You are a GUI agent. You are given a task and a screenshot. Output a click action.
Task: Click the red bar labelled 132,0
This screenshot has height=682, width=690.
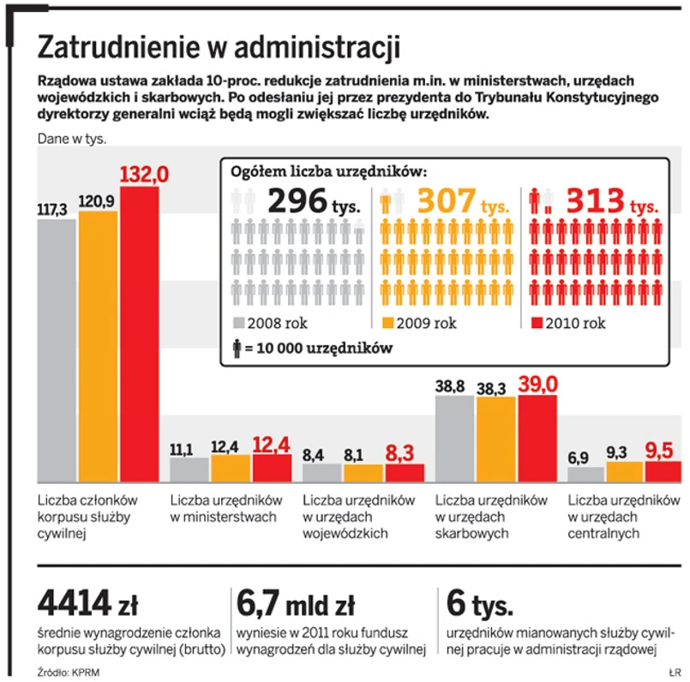(x=139, y=334)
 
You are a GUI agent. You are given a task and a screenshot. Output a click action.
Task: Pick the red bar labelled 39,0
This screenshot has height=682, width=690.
(x=537, y=438)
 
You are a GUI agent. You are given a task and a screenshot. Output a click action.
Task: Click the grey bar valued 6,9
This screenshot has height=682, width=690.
(x=585, y=474)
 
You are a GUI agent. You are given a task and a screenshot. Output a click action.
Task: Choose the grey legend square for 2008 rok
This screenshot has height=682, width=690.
(x=239, y=323)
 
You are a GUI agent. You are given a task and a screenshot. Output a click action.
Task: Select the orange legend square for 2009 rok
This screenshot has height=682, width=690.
(x=387, y=323)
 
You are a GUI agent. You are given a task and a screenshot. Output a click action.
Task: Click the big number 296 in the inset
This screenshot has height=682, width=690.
(x=297, y=201)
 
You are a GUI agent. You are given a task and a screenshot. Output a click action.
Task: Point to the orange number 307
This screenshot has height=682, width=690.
(x=446, y=201)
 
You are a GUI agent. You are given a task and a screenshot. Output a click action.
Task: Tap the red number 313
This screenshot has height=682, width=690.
(x=594, y=201)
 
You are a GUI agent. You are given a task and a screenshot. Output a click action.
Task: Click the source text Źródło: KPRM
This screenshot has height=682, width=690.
(x=69, y=672)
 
